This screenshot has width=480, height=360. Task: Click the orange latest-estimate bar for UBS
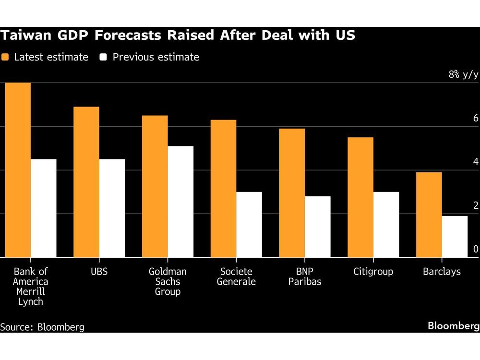(x=86, y=182)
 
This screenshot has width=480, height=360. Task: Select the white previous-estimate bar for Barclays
(x=455, y=237)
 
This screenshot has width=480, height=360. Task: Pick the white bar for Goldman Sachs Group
(x=180, y=202)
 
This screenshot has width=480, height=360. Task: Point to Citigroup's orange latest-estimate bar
(x=360, y=197)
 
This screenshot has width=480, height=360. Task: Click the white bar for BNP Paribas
(x=318, y=227)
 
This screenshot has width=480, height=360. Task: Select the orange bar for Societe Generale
(x=223, y=189)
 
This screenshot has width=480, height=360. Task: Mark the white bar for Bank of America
(x=43, y=208)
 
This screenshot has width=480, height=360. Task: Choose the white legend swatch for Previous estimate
(x=103, y=57)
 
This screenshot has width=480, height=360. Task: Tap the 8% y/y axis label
(x=463, y=74)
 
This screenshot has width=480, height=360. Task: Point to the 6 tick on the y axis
(x=475, y=118)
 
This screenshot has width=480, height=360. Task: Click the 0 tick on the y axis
(x=475, y=249)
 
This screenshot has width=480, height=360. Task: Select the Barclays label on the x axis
(x=442, y=272)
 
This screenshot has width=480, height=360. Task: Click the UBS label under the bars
(x=99, y=272)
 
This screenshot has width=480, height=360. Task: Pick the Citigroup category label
(x=373, y=272)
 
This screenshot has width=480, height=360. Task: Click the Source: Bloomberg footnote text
(x=42, y=327)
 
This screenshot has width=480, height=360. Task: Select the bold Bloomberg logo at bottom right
(x=454, y=326)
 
